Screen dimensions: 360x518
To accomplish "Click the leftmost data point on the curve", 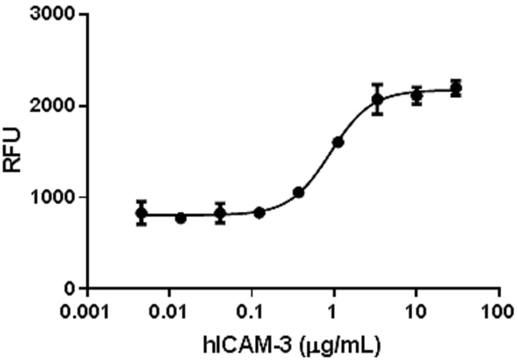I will pyautogui.click(x=141, y=213).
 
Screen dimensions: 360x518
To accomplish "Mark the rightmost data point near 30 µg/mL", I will pyautogui.click(x=456, y=88).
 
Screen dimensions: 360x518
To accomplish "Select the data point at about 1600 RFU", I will pyautogui.click(x=338, y=142).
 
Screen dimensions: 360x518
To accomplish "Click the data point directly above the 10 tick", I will pyautogui.click(x=416, y=96).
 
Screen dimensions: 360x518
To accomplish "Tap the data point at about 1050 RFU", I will pyautogui.click(x=299, y=192).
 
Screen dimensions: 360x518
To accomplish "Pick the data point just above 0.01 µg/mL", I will pyautogui.click(x=181, y=217).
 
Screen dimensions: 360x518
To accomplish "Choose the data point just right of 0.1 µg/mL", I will pyautogui.click(x=259, y=213).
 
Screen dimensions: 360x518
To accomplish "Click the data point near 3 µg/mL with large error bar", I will pyautogui.click(x=378, y=100).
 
